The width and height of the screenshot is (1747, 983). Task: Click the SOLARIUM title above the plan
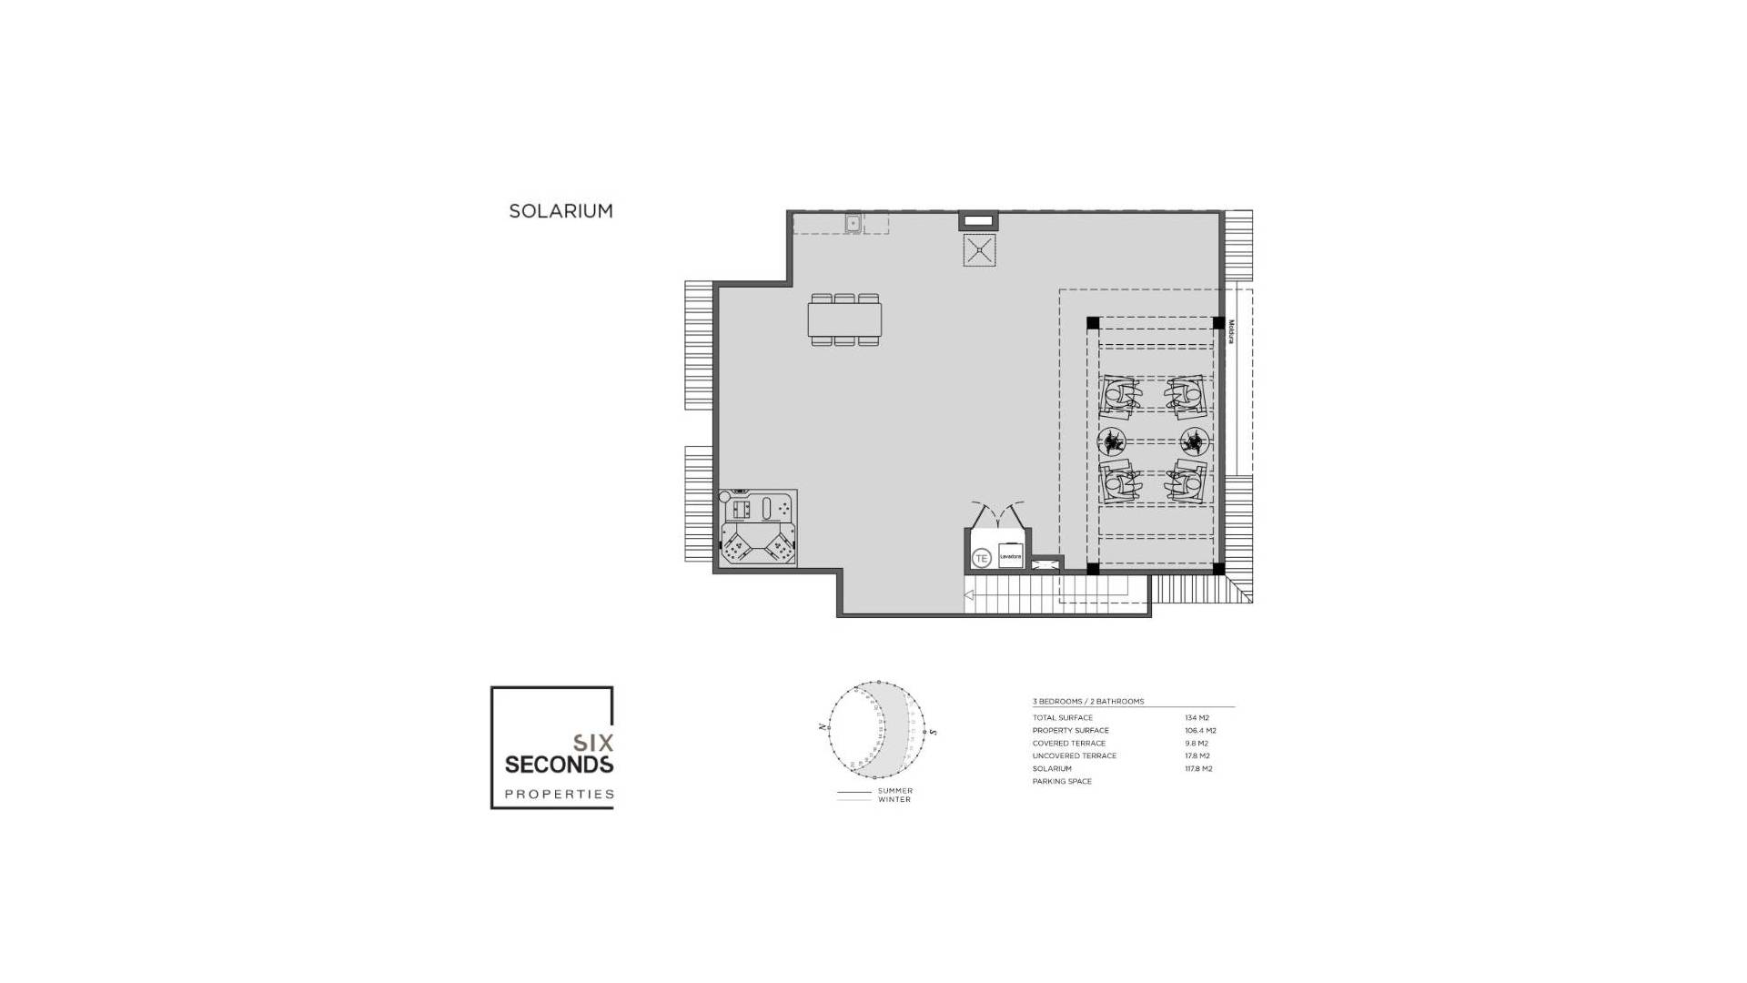point(560,211)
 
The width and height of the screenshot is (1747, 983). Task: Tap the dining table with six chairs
point(844,319)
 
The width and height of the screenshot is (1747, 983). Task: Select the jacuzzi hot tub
point(758,529)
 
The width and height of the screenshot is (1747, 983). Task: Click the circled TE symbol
point(982,557)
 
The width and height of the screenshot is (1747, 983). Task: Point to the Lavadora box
point(1011,556)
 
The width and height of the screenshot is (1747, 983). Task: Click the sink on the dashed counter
point(853,222)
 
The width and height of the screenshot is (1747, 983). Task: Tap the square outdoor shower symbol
point(980,250)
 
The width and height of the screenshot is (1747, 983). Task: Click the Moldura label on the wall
point(1230,330)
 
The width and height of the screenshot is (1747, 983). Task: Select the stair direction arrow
point(969,595)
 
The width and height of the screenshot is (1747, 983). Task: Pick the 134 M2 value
point(1197,718)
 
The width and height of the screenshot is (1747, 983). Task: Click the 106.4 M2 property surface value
point(1200,731)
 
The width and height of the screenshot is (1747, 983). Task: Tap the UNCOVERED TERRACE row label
point(1074,756)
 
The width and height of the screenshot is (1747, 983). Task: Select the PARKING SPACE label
point(1062,782)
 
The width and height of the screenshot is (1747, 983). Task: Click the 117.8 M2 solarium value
point(1199,769)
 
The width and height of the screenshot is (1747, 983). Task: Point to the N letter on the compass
point(823,727)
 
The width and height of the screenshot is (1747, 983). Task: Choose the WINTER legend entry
point(894,800)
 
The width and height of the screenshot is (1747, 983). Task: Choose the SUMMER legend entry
point(894,791)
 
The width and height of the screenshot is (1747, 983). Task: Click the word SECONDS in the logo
point(559,764)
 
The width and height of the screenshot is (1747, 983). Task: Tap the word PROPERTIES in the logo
point(559,795)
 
